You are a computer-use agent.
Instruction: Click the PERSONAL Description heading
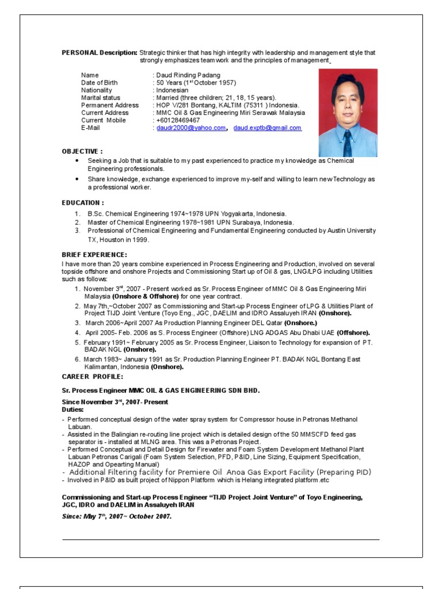[100, 52]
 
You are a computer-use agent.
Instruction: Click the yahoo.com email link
[191, 128]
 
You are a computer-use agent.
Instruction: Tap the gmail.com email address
[267, 128]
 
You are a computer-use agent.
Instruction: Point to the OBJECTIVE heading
[82, 151]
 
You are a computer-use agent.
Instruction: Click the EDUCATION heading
[83, 202]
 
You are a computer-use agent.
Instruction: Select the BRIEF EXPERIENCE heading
[94, 254]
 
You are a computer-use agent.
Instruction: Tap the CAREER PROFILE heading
[92, 376]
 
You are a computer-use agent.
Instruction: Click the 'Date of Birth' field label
[100, 83]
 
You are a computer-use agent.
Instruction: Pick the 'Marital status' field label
[101, 98]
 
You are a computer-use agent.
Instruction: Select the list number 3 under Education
[77, 231]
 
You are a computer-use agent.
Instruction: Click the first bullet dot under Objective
[77, 161]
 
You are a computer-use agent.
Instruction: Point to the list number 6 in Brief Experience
[77, 359]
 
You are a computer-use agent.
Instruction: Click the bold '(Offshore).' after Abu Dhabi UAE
[353, 332]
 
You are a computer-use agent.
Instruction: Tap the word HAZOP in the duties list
[78, 464]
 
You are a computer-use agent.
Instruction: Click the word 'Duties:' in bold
[73, 410]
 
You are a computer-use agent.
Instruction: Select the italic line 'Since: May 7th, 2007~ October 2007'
[117, 516]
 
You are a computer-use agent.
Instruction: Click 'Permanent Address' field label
[110, 105]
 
